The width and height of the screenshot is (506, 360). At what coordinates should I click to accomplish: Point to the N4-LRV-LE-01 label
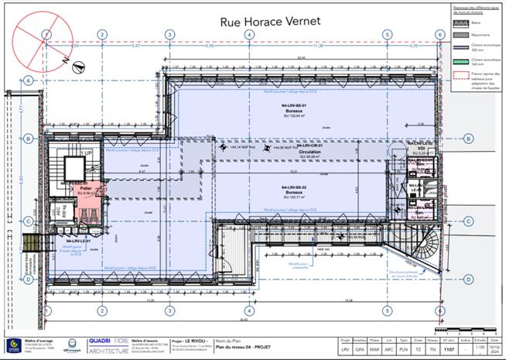coord(77,242)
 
